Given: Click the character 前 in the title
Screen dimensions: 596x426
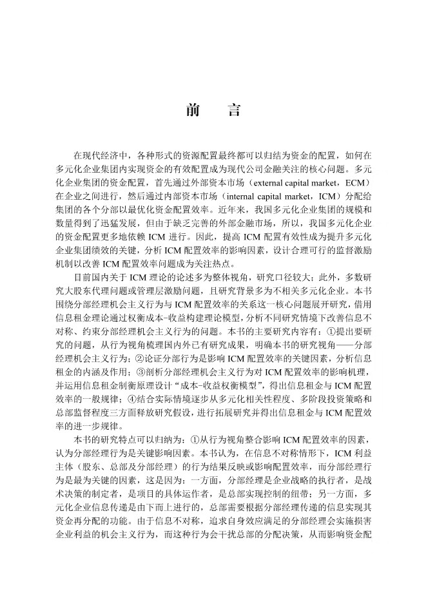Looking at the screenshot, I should pos(192,110).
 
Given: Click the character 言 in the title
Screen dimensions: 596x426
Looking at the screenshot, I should pos(234,110).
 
